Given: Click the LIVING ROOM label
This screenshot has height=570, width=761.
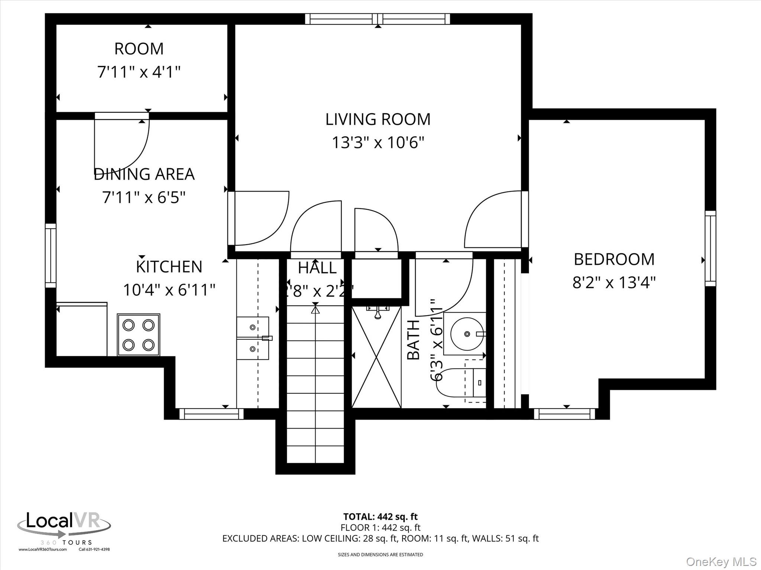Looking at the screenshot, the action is click(x=378, y=119).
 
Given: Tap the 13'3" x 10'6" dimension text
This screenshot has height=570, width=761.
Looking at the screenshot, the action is click(x=378, y=142).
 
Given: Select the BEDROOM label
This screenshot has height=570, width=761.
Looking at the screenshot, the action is click(x=614, y=259).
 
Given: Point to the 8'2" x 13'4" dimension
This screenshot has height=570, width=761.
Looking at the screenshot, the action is click(x=614, y=283).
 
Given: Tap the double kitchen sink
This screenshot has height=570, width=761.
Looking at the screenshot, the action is click(x=253, y=338).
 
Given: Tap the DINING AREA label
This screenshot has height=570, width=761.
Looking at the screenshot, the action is click(x=144, y=174).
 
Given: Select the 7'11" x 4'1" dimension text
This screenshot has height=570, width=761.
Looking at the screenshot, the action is click(x=139, y=72).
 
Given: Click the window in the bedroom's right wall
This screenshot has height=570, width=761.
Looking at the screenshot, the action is click(x=710, y=249).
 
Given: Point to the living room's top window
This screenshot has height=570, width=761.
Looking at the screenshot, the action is click(x=378, y=19).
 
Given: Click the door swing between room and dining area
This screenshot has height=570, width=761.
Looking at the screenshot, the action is click(x=122, y=143).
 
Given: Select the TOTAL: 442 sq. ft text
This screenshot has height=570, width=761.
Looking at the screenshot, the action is click(x=380, y=517).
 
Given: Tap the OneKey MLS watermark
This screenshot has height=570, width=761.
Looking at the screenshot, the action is click(x=721, y=561).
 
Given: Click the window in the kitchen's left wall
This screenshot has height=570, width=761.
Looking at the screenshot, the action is click(x=51, y=255).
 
